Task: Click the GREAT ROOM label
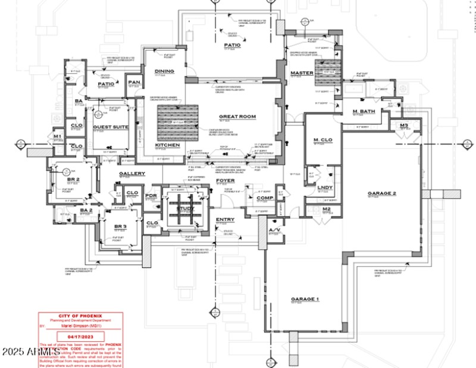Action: pyautogui.click(x=237, y=117)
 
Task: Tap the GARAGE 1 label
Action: pyautogui.click(x=305, y=298)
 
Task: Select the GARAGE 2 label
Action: pyautogui.click(x=381, y=193)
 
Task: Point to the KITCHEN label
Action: pyautogui.click(x=167, y=145)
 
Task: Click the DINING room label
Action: pyautogui.click(x=164, y=71)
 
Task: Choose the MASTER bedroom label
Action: pyautogui.click(x=302, y=74)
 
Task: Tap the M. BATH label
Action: pyautogui.click(x=362, y=112)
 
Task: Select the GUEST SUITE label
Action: pyautogui.click(x=111, y=127)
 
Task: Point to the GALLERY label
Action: pyautogui.click(x=132, y=174)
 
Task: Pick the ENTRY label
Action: pyautogui.click(x=225, y=219)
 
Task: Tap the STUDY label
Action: pyautogui.click(x=186, y=207)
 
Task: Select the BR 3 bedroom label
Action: pyautogui.click(x=121, y=227)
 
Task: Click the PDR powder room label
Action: pyautogui.click(x=151, y=195)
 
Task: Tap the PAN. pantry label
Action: pyautogui.click(x=134, y=82)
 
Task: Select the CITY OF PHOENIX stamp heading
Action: pyautogui.click(x=80, y=316)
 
